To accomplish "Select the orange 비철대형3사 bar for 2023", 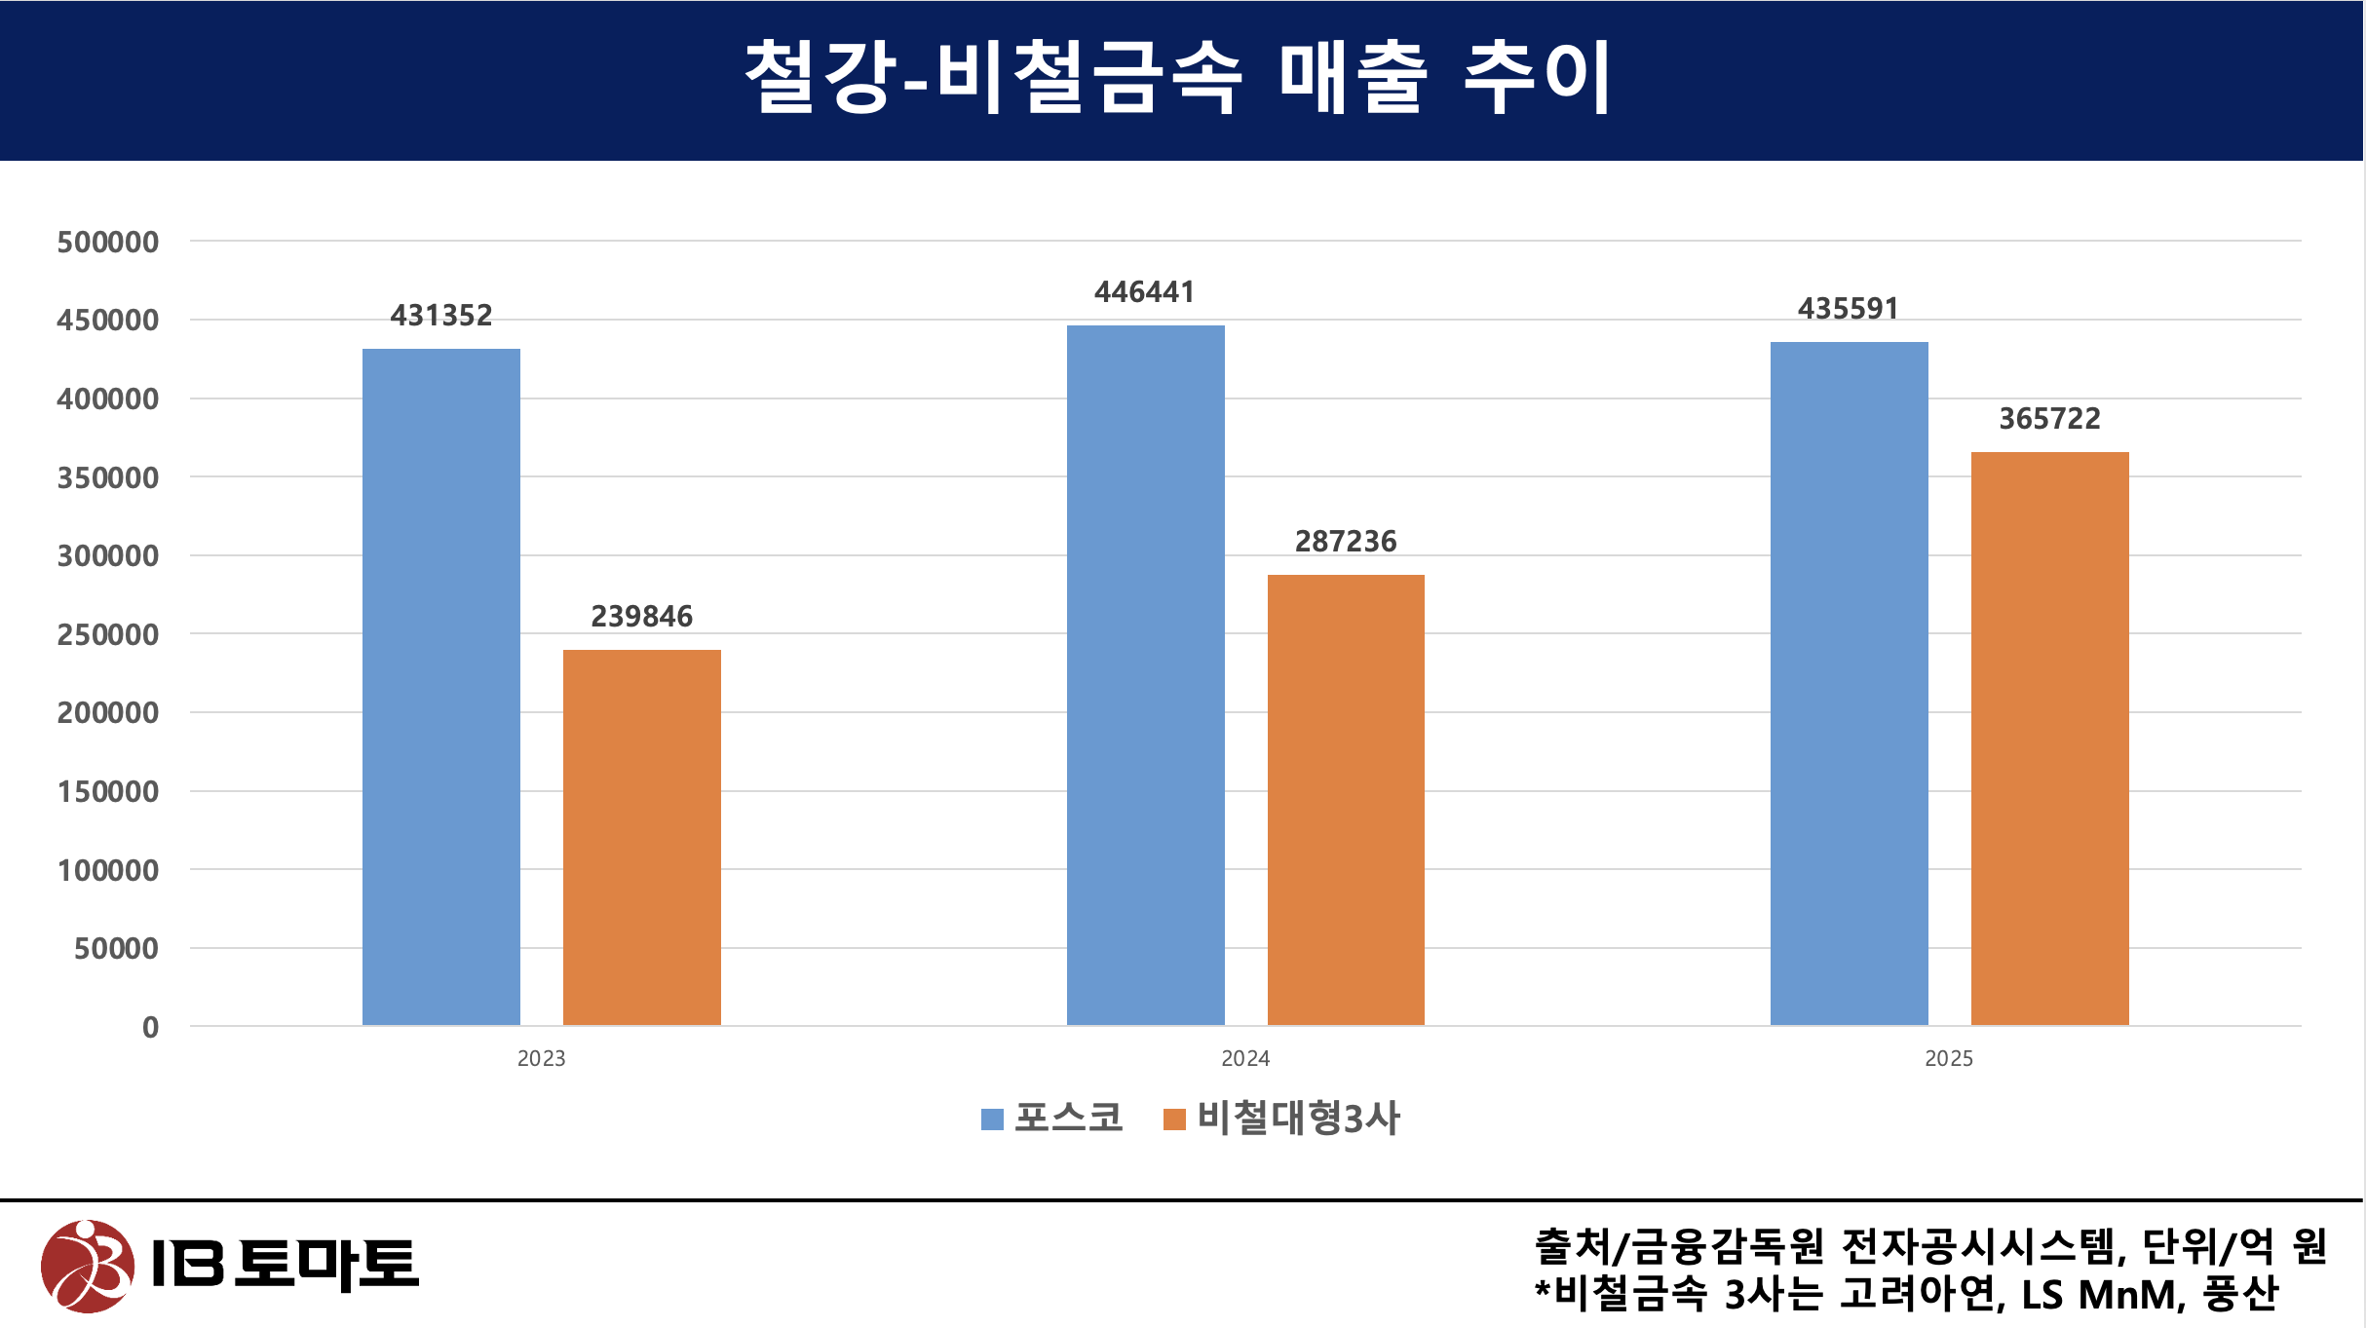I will coord(641,837).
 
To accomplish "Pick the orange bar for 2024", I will coord(1345,800).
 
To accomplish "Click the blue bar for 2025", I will coord(1849,683).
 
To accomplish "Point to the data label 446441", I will coord(1144,292).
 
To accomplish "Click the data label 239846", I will coord(641,617).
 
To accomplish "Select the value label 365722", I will coord(2049,419).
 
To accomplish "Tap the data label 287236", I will coord(1345,542).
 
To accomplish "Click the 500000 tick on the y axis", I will coord(107,243).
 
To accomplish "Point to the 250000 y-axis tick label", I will coord(107,635).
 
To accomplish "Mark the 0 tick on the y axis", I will coord(150,1027).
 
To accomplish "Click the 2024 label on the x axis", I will coord(1244,1059).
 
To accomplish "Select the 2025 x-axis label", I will coord(1948,1059).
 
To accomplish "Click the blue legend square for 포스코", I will coord(992,1119).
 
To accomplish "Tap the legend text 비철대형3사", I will coord(1298,1119).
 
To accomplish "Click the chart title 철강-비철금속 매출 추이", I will coord(1179,78).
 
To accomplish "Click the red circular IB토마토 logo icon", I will coord(88,1266).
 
